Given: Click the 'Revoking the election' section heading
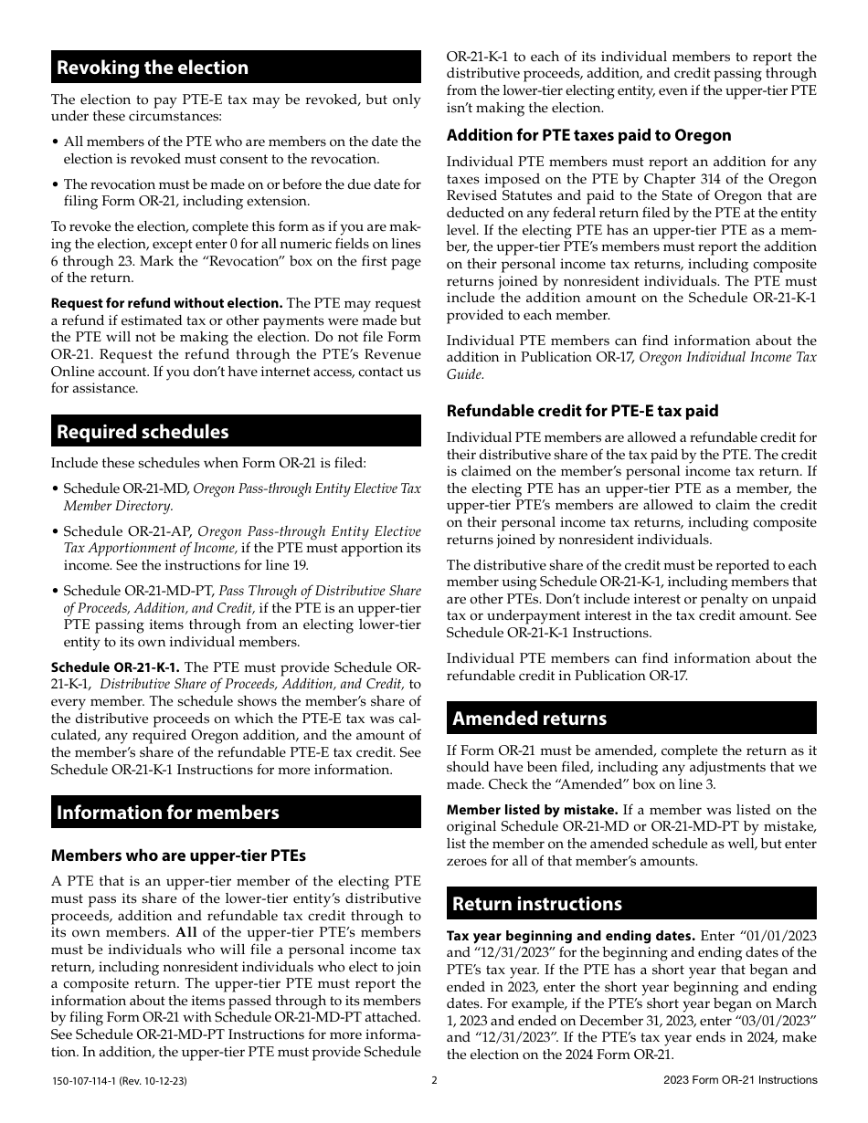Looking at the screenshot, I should (x=153, y=68).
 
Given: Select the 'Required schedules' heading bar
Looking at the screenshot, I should (x=143, y=432).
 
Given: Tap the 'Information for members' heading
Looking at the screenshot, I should (x=168, y=813).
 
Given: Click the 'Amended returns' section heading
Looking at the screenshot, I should (x=530, y=719).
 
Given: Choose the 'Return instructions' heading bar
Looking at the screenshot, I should (x=537, y=904).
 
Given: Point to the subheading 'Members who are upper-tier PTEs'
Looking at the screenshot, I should (x=178, y=855).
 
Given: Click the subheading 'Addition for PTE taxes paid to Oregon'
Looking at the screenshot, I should (x=588, y=135).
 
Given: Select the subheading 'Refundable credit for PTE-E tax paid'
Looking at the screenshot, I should (x=582, y=411).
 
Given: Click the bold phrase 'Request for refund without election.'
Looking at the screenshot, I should (x=166, y=303).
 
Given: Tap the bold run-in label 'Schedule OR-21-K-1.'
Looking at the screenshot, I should (x=115, y=666).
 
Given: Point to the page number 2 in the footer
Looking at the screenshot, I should (x=434, y=1080).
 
